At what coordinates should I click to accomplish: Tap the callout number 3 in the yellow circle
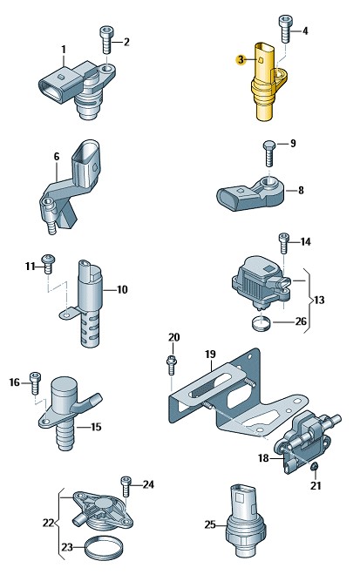[241, 59]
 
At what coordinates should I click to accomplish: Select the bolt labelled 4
[285, 30]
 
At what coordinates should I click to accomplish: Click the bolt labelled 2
[106, 40]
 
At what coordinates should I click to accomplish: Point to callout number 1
[64, 49]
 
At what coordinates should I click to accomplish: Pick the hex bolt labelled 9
[269, 153]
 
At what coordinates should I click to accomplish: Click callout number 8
[301, 190]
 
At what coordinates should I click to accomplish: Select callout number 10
[122, 289]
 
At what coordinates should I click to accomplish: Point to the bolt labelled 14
[284, 243]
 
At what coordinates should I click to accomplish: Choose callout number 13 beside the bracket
[319, 300]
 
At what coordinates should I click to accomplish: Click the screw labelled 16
[35, 382]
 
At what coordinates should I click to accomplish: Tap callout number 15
[96, 427]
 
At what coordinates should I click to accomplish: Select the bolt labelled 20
[171, 364]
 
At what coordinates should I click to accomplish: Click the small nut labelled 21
[315, 466]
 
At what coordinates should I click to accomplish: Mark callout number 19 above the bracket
[211, 354]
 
